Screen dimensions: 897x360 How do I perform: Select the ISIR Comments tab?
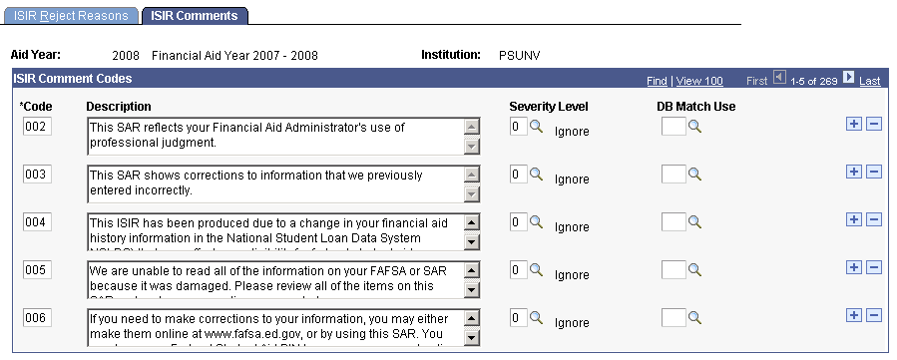(x=196, y=16)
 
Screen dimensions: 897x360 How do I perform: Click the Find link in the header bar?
(x=657, y=81)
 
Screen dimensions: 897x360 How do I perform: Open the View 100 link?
(x=698, y=81)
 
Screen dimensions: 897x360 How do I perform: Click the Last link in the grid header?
(x=870, y=81)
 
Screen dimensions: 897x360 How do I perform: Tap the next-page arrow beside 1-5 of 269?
(x=849, y=79)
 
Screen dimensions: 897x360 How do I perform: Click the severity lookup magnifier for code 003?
(x=536, y=175)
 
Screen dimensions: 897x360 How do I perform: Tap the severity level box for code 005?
(x=517, y=269)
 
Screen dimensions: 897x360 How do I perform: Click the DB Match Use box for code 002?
(x=673, y=127)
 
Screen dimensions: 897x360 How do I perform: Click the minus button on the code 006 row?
(x=873, y=315)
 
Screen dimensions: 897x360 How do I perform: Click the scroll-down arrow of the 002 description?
(x=473, y=147)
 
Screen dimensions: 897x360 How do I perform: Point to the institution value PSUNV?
(x=520, y=55)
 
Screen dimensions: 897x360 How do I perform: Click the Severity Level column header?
(x=548, y=107)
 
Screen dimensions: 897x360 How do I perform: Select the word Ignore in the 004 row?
(x=572, y=226)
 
